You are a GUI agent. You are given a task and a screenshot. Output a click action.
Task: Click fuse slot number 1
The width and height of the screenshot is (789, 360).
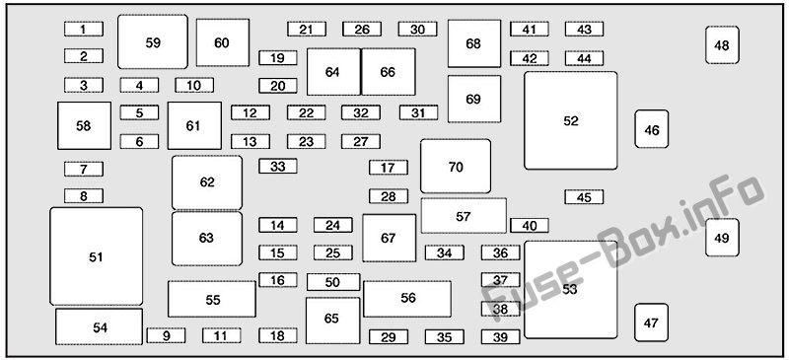pyautogui.click(x=84, y=30)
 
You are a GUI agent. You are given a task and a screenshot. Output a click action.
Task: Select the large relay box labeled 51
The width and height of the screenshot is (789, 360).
pyautogui.click(x=96, y=256)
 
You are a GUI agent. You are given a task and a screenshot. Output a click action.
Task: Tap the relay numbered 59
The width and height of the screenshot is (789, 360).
pyautogui.click(x=153, y=41)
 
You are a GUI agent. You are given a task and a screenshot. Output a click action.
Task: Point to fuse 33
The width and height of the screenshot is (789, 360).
pyautogui.click(x=278, y=166)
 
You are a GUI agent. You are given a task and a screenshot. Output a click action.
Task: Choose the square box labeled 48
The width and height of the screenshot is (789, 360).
pyautogui.click(x=722, y=45)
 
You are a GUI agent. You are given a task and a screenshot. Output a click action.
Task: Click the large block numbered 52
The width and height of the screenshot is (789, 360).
pyautogui.click(x=571, y=120)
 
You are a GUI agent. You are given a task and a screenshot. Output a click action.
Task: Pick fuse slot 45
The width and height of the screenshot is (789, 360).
pyautogui.click(x=584, y=197)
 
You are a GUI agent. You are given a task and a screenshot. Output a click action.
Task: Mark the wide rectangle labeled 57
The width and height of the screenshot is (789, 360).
pyautogui.click(x=464, y=215)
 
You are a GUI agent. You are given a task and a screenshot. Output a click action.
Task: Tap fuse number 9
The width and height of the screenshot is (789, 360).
pyautogui.click(x=166, y=335)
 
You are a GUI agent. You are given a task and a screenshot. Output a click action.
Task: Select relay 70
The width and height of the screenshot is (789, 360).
pyautogui.click(x=456, y=166)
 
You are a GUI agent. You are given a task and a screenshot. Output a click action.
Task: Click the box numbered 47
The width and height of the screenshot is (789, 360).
pyautogui.click(x=651, y=323)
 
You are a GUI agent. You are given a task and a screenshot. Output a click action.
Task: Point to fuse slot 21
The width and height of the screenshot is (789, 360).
pyautogui.click(x=307, y=30)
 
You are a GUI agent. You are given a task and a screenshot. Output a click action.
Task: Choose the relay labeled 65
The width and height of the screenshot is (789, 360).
pyautogui.click(x=332, y=321)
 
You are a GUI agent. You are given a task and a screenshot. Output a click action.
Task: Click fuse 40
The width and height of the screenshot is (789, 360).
pyautogui.click(x=530, y=226)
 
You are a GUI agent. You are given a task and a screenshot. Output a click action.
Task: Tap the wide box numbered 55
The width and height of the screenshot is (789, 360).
pyautogui.click(x=212, y=299)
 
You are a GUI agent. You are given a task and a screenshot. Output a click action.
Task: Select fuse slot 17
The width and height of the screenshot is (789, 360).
pyautogui.click(x=388, y=167)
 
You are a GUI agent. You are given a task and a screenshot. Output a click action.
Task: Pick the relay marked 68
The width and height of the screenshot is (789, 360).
pyautogui.click(x=474, y=43)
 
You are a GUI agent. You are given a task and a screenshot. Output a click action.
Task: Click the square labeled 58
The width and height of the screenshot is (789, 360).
pyautogui.click(x=84, y=126)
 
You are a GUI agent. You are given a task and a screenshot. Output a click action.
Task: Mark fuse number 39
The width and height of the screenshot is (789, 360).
pyautogui.click(x=500, y=337)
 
